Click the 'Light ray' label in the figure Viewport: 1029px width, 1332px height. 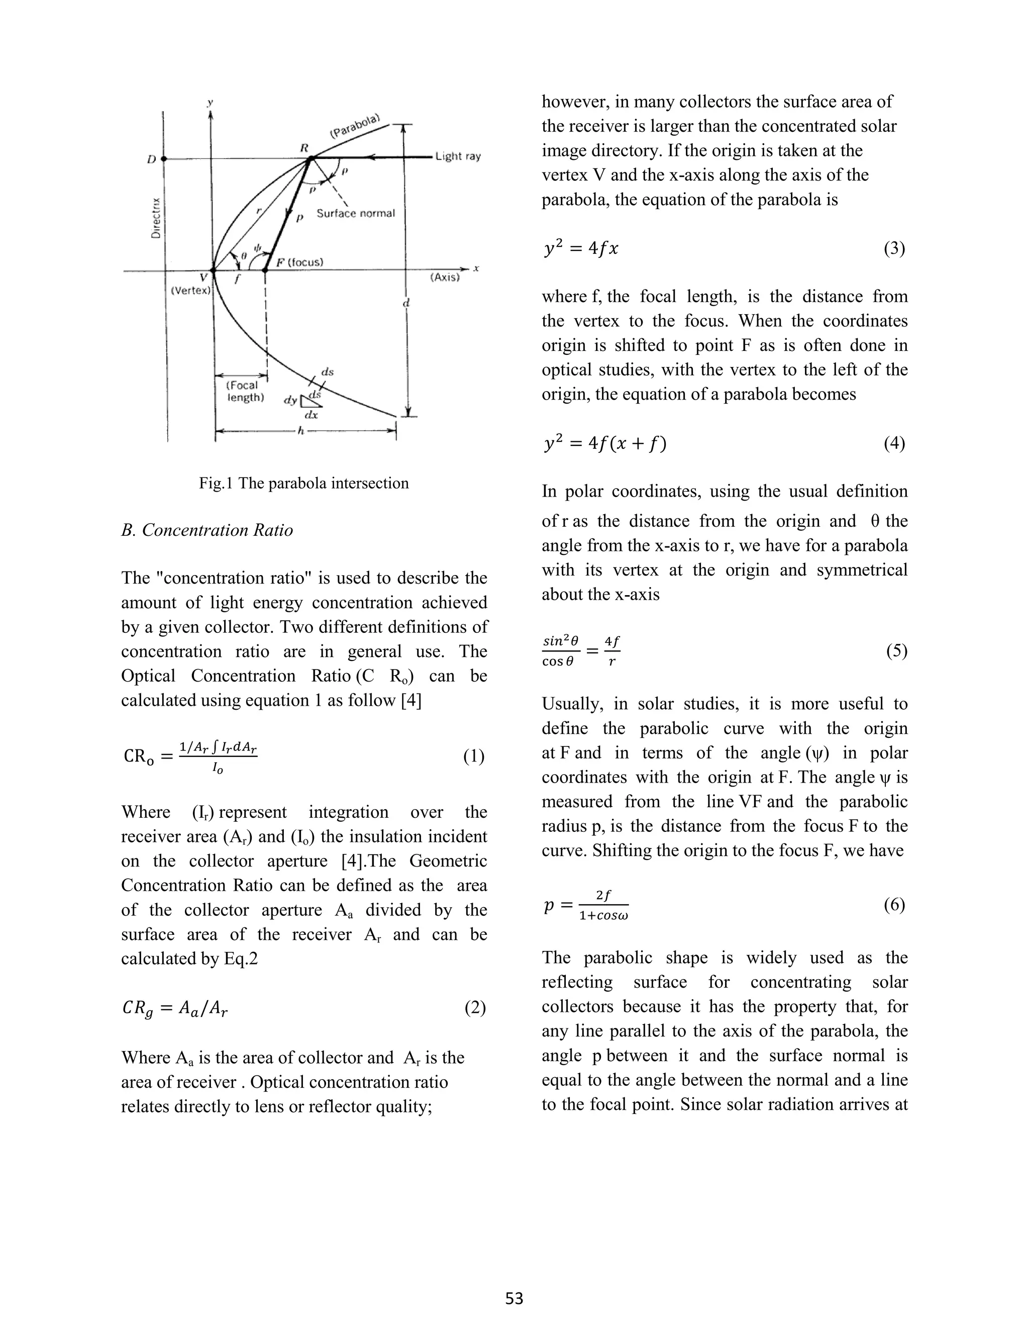[x=458, y=157]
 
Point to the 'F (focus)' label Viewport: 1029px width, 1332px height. [x=299, y=262]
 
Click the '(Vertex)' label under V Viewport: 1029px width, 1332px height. [x=190, y=291]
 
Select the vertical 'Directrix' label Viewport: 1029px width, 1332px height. [x=156, y=217]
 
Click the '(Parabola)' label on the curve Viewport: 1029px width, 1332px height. [x=355, y=126]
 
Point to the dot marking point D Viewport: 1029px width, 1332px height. [x=163, y=158]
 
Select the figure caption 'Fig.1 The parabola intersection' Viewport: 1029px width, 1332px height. [x=303, y=483]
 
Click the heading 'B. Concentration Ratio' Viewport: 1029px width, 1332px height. [x=208, y=530]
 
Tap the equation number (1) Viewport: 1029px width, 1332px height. [x=474, y=757]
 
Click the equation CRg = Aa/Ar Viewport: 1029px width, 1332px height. [x=175, y=1009]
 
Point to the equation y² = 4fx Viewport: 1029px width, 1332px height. [x=580, y=249]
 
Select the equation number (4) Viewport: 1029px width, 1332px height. [x=894, y=443]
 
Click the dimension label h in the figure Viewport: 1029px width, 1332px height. [x=300, y=431]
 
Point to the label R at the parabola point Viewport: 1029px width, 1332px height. [x=304, y=148]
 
